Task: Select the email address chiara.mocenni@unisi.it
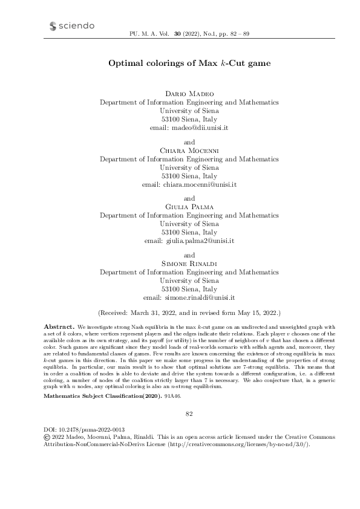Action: click(197, 183)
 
